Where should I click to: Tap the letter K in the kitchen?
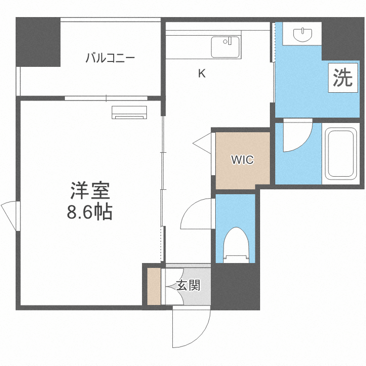(202, 74)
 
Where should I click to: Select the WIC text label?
(243, 160)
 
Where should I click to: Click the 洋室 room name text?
(90, 190)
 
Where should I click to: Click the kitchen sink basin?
(225, 47)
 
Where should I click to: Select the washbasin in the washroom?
(304, 34)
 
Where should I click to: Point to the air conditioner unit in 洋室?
(129, 112)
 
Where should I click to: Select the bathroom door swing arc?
(297, 137)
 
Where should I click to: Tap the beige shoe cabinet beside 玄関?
(154, 286)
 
